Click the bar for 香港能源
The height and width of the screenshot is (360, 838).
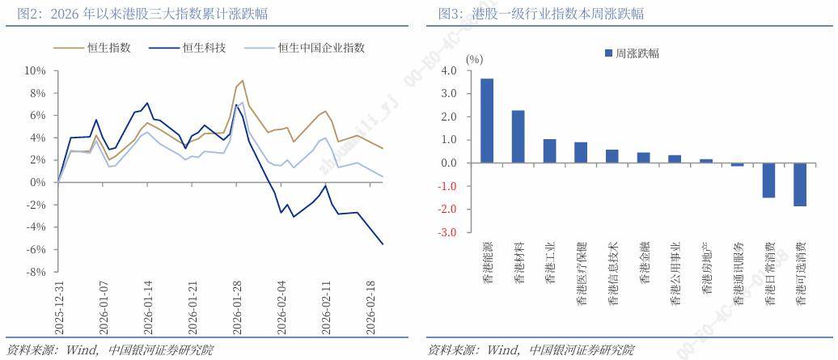click(x=487, y=121)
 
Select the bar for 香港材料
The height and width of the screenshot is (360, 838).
click(x=518, y=137)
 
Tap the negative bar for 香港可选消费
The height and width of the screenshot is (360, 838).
click(x=800, y=184)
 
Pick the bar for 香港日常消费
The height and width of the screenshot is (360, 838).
click(x=768, y=180)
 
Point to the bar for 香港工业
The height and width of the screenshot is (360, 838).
click(x=549, y=151)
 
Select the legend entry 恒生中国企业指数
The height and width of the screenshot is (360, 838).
click(x=320, y=48)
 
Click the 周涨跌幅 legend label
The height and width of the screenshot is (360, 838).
click(x=637, y=53)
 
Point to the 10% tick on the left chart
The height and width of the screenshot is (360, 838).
click(x=35, y=71)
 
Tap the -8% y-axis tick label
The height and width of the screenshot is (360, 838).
click(x=35, y=272)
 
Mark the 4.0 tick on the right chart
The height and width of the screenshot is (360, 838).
click(x=450, y=71)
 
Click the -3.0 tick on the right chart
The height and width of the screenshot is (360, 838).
click(x=448, y=233)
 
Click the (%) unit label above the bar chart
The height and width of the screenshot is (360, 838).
click(x=475, y=59)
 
